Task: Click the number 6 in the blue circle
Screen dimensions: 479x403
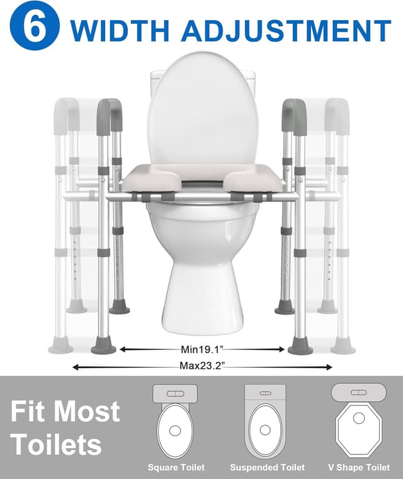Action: pos(35,28)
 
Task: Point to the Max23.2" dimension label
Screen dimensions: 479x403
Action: pos(201,366)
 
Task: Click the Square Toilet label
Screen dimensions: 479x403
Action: pos(176,468)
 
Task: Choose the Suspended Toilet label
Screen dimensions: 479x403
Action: pos(267,468)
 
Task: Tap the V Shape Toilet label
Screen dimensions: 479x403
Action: pos(356,468)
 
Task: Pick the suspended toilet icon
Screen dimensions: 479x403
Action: pos(265,420)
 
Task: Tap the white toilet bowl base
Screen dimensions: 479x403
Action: pos(201,277)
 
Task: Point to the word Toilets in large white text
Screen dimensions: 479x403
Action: pos(56,444)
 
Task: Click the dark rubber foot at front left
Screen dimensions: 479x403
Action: pos(104,346)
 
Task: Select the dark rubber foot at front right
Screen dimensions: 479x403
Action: pos(300,346)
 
